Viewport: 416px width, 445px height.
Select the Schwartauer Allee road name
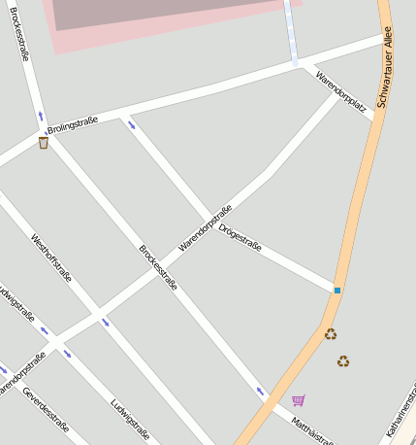tap(386, 73)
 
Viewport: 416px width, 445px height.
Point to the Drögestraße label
tap(240, 239)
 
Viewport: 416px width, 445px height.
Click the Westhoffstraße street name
tap(51, 263)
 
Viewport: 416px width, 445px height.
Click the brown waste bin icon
tap(44, 143)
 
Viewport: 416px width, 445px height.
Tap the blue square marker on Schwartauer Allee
tap(337, 290)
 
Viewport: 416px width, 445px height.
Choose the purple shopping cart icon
tap(298, 400)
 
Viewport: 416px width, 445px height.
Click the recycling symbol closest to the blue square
tap(331, 334)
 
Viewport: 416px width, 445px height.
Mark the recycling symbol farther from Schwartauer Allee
tap(343, 361)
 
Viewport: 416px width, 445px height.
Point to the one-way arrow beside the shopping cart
tap(260, 392)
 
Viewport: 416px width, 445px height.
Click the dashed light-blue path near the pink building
tap(291, 34)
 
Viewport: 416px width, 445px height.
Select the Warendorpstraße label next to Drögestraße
tap(206, 229)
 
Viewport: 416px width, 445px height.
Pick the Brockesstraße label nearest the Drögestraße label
tap(158, 267)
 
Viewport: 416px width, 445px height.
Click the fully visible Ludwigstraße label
tap(129, 419)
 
